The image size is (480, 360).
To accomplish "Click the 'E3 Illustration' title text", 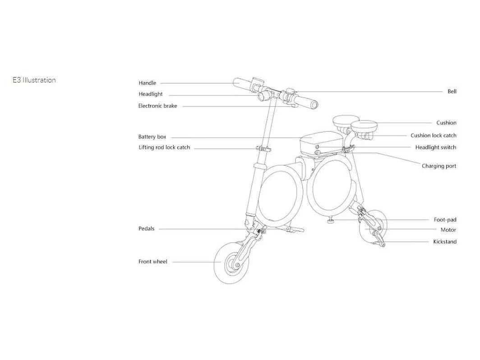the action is pos(34,80).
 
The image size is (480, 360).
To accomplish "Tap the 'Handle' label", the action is pos(147,83).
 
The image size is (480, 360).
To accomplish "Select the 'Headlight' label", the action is pos(151,94).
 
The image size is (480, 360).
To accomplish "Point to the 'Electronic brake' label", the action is pos(157,106).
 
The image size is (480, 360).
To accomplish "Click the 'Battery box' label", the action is pos(152,137).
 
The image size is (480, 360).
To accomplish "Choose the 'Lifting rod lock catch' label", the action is pos(164,147).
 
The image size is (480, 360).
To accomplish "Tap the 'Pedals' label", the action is pos(146,228).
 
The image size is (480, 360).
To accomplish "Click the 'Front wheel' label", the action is pos(153,262).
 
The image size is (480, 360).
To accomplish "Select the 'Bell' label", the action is pos(452,91).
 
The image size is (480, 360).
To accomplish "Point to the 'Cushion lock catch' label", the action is pos(434,135).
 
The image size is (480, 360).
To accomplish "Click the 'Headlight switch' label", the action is pos(436,147).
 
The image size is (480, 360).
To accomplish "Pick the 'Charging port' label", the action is pos(439,166).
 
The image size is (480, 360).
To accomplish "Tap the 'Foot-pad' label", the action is pos(445,220).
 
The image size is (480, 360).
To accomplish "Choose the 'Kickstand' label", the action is pos(445,241).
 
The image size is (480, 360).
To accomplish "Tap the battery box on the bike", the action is pos(321,143).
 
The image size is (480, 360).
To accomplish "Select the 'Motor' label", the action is pos(448,230).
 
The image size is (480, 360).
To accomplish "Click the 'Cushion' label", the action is pos(446,123).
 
